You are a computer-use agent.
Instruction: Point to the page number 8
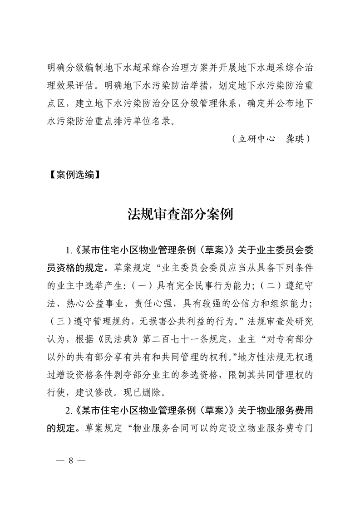point(70,460)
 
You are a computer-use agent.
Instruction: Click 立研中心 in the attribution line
point(257,138)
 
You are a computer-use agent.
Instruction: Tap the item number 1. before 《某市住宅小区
point(69,250)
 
